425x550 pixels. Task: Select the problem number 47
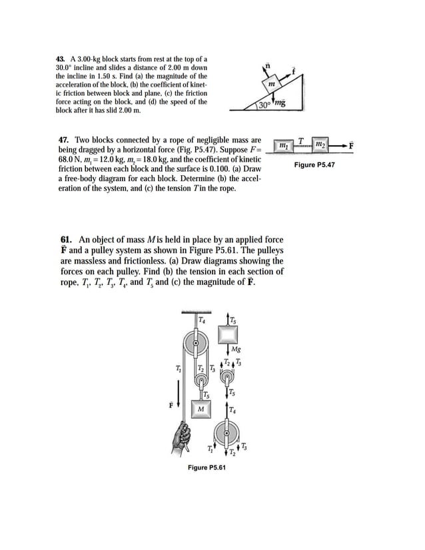pos(65,141)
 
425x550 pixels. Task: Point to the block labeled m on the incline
pos(271,85)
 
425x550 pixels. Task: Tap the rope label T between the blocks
pos(302,140)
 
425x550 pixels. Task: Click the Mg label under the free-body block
pos(236,349)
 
